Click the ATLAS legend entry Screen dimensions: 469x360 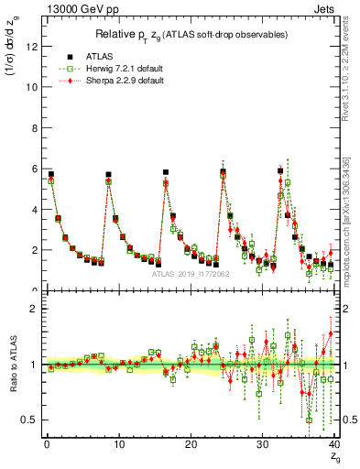(x=99, y=54)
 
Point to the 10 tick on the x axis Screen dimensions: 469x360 (x=118, y=444)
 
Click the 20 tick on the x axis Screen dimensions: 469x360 (x=191, y=444)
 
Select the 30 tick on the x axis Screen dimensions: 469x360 (x=263, y=444)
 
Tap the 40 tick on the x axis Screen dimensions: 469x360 (x=334, y=444)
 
